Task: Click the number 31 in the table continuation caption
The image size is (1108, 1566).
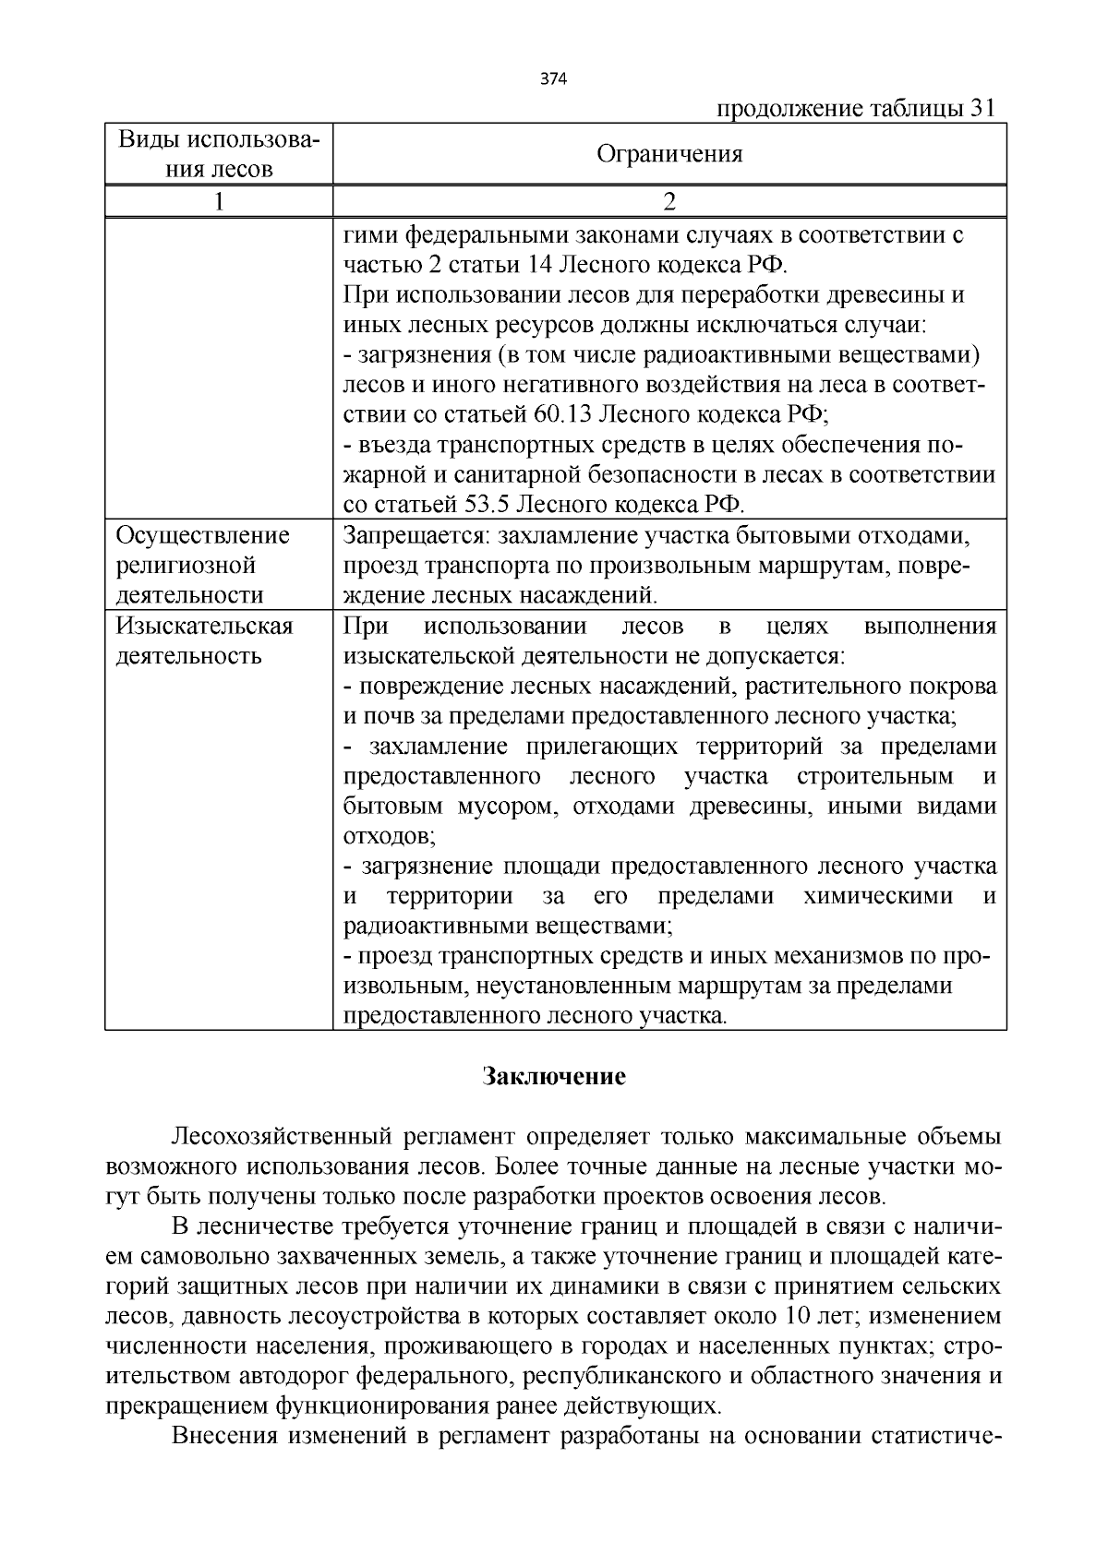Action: click(x=982, y=109)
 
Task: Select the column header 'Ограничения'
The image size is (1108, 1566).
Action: click(x=669, y=154)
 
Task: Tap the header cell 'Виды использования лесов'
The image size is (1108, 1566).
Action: click(x=219, y=154)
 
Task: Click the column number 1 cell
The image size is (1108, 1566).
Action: click(x=219, y=201)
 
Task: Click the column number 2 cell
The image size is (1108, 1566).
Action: click(x=669, y=201)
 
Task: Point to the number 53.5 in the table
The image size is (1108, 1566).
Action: click(x=489, y=505)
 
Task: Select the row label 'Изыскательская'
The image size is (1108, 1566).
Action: click(x=204, y=627)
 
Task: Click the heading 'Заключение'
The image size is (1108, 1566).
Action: click(x=555, y=1077)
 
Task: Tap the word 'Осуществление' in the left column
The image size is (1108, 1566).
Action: click(x=202, y=536)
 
